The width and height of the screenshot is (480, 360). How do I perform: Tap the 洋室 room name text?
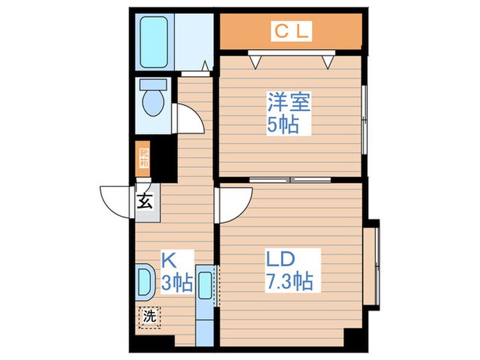pos(289,104)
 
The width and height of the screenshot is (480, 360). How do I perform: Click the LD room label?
pos(280,259)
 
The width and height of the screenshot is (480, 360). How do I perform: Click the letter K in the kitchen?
pos(168,259)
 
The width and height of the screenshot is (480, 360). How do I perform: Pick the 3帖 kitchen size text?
pos(177,280)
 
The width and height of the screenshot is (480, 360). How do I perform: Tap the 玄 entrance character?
pos(145,202)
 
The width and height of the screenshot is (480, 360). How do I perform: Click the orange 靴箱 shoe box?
pos(144,158)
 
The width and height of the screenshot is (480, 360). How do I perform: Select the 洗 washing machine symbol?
pos(147,317)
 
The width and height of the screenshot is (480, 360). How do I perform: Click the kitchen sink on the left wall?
pos(145,282)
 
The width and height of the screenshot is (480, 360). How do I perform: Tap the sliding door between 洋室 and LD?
pos(291,180)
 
